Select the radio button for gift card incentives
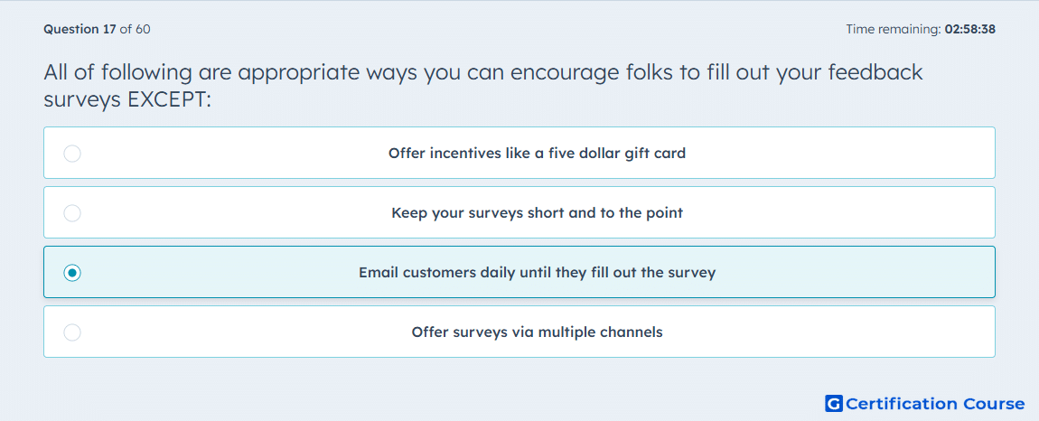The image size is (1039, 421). pos(72,154)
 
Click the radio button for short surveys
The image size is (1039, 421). pos(72,213)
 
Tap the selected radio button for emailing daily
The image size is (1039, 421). pos(72,273)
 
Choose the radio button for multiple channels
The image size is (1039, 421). pos(72,332)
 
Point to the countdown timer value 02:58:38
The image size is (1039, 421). pos(970,29)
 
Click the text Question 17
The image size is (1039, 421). pos(80,29)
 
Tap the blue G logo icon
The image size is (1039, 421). pos(834,403)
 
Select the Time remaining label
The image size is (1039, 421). pos(894,29)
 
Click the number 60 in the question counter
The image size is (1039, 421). pos(143,29)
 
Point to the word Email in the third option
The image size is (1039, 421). pos(376,273)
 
